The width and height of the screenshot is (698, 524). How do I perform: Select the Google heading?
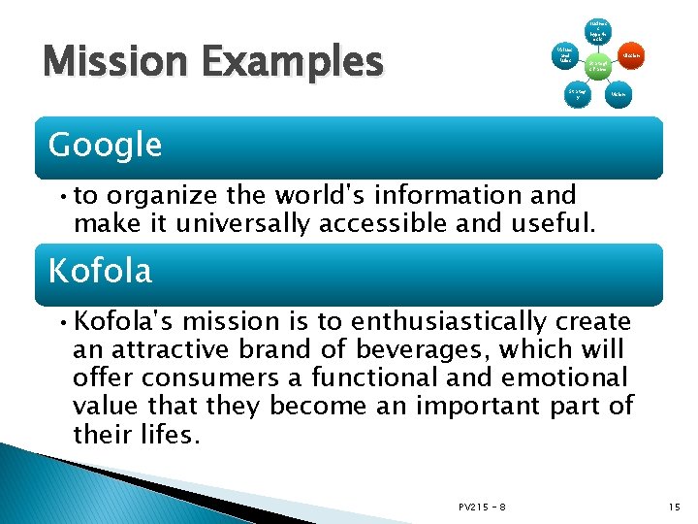pyautogui.click(x=105, y=145)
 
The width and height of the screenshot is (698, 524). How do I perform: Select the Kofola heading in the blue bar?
pyautogui.click(x=100, y=271)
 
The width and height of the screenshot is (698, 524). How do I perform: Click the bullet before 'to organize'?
pyautogui.click(x=60, y=196)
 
